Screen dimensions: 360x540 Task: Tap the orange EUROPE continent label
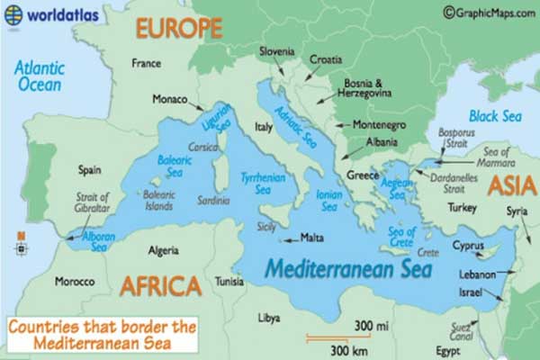click(x=178, y=29)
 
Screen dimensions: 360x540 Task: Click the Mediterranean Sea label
click(x=348, y=268)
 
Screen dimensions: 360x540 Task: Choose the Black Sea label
click(x=495, y=116)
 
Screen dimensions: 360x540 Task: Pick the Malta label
click(x=312, y=238)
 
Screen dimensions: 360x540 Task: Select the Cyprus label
click(x=469, y=245)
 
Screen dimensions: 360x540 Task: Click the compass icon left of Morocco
click(x=20, y=242)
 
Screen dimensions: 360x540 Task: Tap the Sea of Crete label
click(x=400, y=237)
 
